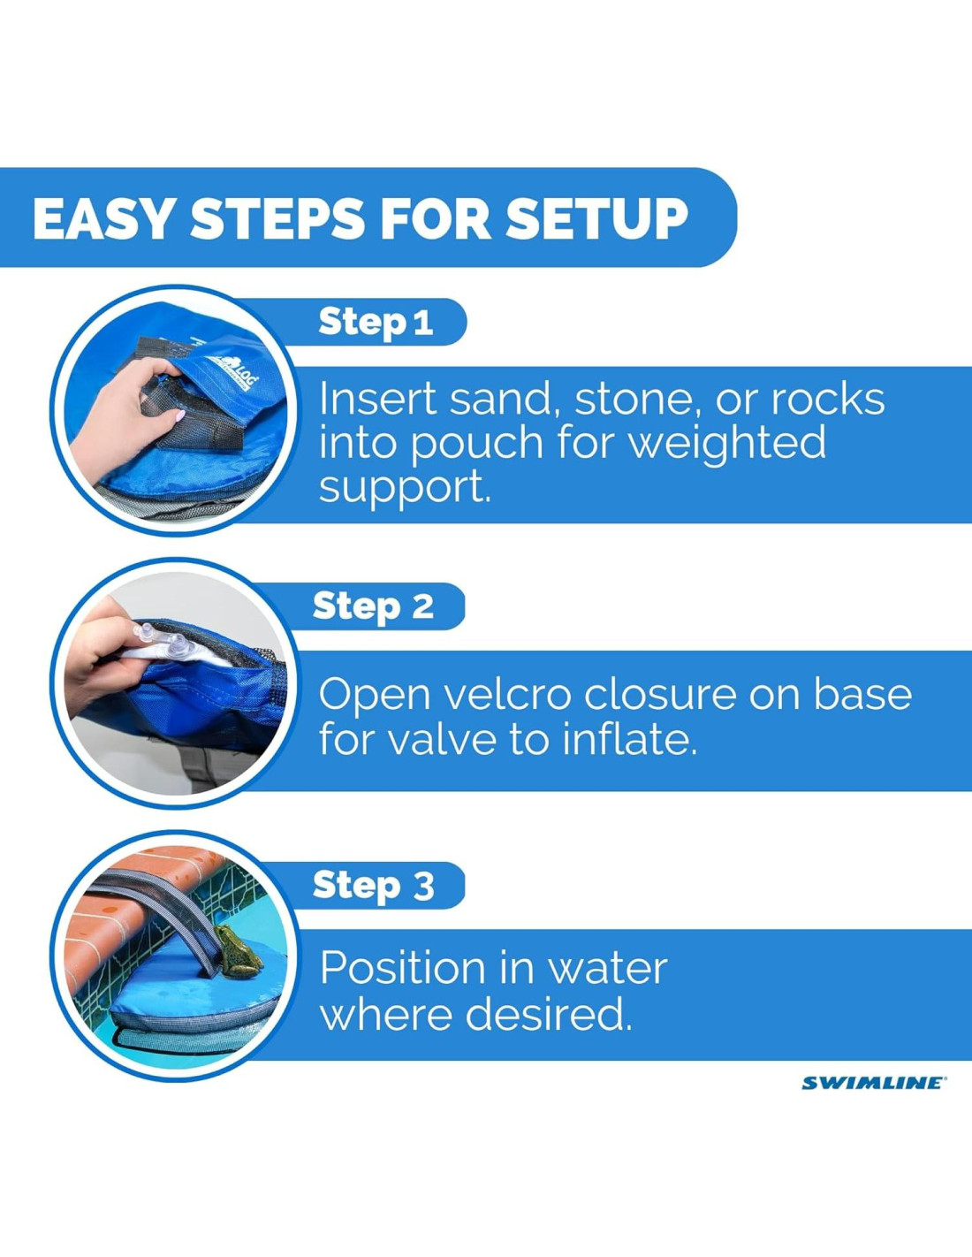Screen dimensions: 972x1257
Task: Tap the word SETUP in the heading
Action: tap(596, 218)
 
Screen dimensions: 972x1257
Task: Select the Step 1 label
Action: tap(376, 323)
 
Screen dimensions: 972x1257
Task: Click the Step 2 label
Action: tap(373, 606)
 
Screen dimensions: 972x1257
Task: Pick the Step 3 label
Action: tap(373, 885)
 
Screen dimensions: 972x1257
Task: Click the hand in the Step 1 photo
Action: tap(128, 405)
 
